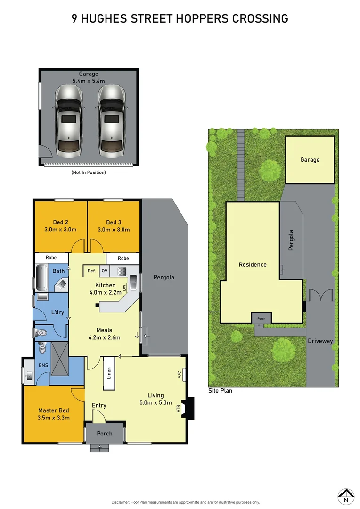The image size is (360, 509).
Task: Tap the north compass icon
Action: [x=346, y=494]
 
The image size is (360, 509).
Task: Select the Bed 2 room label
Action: [x=60, y=222]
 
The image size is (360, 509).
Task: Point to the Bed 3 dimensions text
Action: [x=113, y=230]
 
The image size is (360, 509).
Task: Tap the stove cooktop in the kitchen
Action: [x=122, y=271]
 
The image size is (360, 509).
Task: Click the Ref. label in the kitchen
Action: [x=91, y=271]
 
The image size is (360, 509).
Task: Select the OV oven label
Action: [x=104, y=271]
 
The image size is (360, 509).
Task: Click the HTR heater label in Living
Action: [x=179, y=409]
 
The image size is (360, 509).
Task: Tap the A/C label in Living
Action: [x=180, y=375]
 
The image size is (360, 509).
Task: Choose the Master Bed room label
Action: [x=54, y=410]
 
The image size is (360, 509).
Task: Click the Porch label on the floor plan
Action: [x=105, y=433]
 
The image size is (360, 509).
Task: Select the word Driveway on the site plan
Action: [x=320, y=341]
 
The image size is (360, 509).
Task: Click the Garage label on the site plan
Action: [x=310, y=160]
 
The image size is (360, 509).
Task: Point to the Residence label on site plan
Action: [x=253, y=264]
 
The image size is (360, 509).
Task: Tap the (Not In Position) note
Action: [x=89, y=172]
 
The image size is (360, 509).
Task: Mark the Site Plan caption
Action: [x=220, y=390]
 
